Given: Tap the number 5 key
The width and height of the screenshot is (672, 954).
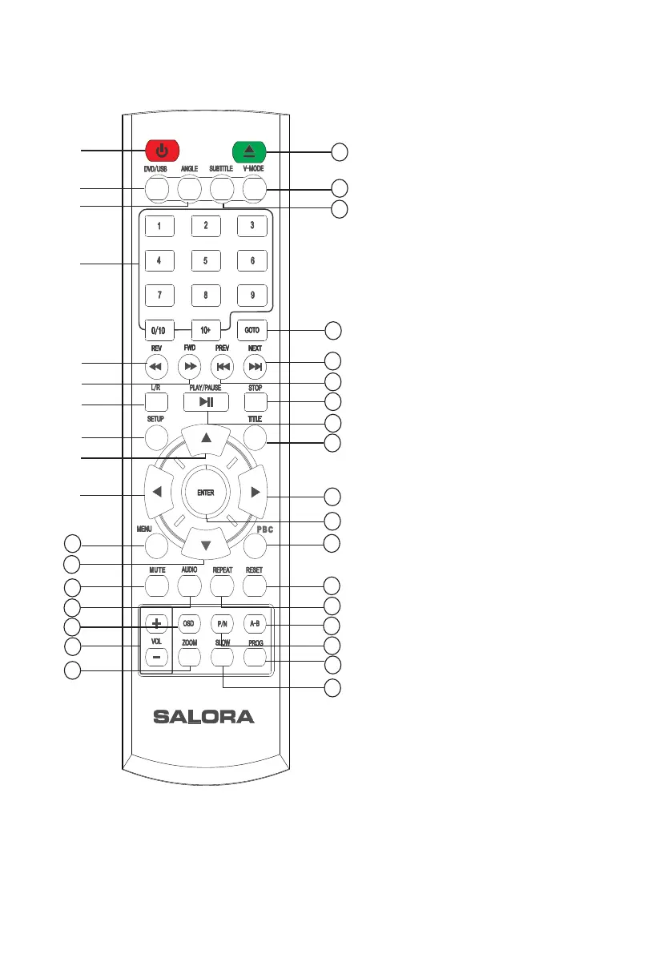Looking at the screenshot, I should pyautogui.click(x=206, y=260).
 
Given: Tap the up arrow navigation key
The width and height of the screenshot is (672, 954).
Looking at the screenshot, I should pyautogui.click(x=206, y=437).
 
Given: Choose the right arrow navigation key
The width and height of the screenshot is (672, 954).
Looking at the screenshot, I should pyautogui.click(x=255, y=494).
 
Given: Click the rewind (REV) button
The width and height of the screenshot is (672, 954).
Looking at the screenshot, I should pyautogui.click(x=157, y=367).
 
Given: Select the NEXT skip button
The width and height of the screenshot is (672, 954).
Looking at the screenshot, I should pyautogui.click(x=255, y=367).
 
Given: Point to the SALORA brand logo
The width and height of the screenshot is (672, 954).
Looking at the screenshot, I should pyautogui.click(x=203, y=717).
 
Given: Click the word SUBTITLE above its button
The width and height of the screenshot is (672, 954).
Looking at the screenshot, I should pyautogui.click(x=221, y=169).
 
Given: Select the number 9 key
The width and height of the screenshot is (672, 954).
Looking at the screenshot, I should pyautogui.click(x=252, y=294).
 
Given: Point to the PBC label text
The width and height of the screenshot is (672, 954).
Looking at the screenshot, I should pyautogui.click(x=255, y=529).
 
